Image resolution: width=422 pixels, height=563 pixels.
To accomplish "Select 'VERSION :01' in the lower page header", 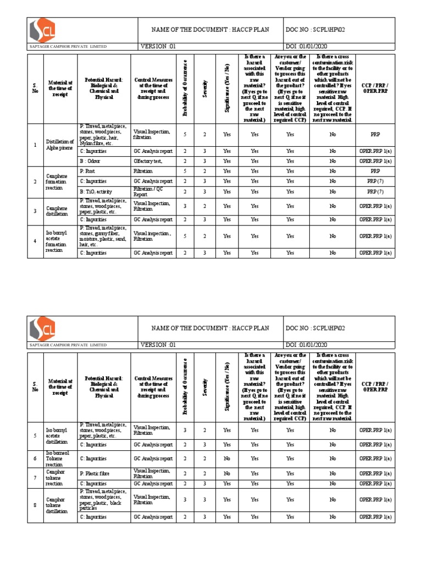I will coord(159,344).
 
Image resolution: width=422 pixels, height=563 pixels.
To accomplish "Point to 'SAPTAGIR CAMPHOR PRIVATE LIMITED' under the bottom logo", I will coord(69,345).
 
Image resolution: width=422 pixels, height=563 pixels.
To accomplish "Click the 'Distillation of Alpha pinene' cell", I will coord(60,145).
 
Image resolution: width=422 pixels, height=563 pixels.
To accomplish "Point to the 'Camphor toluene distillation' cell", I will coord(57,504).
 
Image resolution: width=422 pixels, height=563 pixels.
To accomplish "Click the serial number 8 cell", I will coord(35,504).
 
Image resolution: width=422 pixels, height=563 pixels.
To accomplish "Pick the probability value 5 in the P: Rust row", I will coord(185,171).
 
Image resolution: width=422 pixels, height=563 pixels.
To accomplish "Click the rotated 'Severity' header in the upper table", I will coord(205,89).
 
